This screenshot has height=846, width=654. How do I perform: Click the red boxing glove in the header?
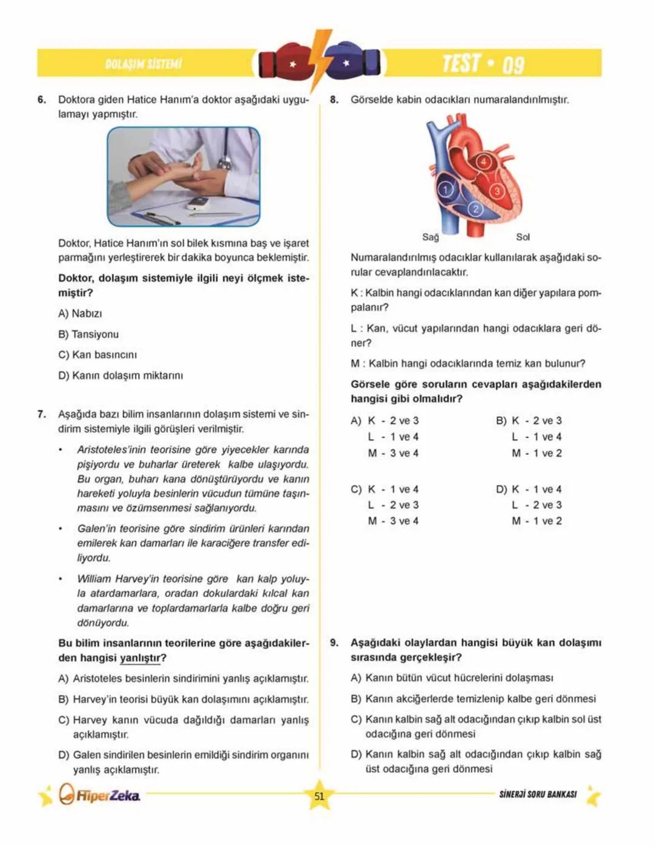[x=284, y=62]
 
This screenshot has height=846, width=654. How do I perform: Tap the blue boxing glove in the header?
[x=353, y=62]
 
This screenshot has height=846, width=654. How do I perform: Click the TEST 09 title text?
[x=483, y=64]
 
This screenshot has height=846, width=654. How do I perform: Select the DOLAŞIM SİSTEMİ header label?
[x=143, y=64]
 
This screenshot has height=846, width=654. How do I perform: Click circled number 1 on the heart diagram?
[x=446, y=190]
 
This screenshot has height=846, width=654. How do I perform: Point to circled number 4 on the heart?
[x=483, y=162]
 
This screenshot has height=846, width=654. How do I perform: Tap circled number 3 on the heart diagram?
[x=497, y=191]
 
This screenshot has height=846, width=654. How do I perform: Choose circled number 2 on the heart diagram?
[x=475, y=210]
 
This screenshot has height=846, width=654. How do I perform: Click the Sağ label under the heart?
[x=431, y=237]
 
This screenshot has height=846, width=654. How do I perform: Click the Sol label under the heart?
[x=523, y=237]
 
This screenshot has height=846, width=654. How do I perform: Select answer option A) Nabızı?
[x=80, y=314]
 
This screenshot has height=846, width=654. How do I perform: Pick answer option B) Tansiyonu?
[x=88, y=334]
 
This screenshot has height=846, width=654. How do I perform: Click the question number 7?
[x=42, y=415]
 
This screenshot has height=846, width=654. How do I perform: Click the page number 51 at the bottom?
[x=319, y=796]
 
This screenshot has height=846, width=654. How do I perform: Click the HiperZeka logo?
[x=100, y=795]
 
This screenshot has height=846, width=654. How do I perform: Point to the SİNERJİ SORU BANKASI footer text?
[x=538, y=795]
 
